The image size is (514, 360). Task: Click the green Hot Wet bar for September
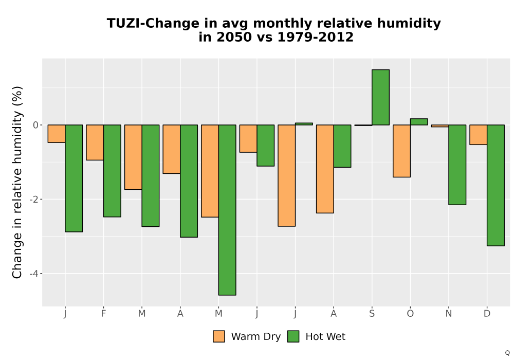[x=380, y=97]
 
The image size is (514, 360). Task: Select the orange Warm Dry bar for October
[x=402, y=151]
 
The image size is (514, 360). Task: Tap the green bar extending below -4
[x=227, y=210]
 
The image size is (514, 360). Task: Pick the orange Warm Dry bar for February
[x=95, y=142]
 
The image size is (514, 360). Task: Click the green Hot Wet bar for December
[x=495, y=185]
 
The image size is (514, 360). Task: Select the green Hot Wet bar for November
[x=457, y=165]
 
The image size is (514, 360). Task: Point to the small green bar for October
[x=419, y=122]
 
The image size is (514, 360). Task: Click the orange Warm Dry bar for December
[x=478, y=135]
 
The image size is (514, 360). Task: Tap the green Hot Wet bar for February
[x=112, y=171]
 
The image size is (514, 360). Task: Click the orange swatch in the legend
[x=219, y=336]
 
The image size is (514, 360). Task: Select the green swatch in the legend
[x=293, y=336]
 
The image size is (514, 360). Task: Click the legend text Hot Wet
[x=325, y=337]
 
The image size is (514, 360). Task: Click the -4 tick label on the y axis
[x=34, y=274]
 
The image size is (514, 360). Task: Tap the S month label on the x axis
[x=372, y=314]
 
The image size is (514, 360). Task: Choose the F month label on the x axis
[x=104, y=314]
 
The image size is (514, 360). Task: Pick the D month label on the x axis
[x=487, y=314]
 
